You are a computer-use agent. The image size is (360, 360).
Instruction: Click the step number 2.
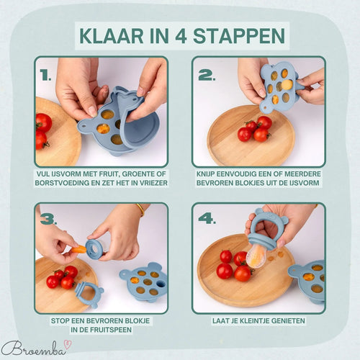tap(205, 74)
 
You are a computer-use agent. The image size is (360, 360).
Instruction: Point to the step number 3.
tap(47, 219)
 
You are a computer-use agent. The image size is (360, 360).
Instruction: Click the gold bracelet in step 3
tap(140, 210)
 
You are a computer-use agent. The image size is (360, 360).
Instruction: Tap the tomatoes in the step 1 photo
tap(43, 130)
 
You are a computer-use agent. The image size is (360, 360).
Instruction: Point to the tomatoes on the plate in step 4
tap(233, 266)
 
